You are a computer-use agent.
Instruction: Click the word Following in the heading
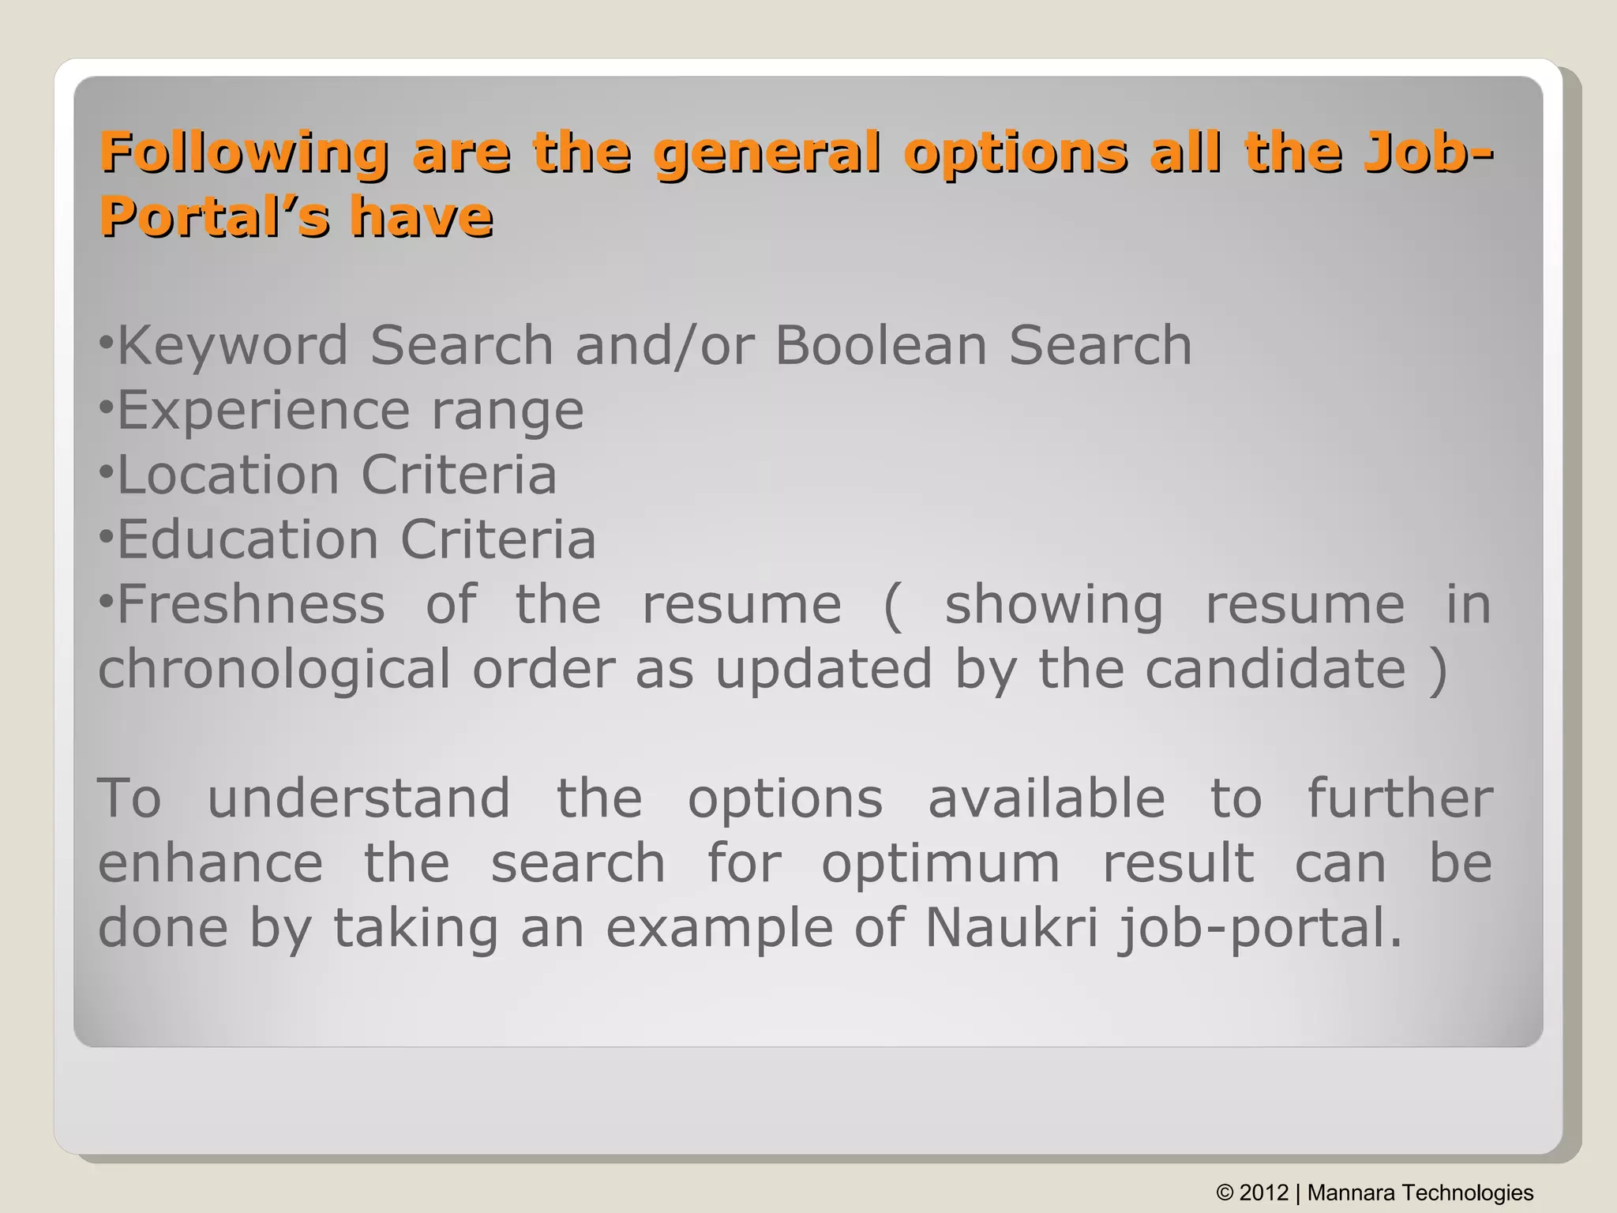(x=244, y=152)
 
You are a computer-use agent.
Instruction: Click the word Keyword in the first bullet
(x=233, y=346)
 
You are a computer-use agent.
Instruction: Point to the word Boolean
(x=880, y=346)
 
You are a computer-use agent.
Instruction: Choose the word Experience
(x=264, y=411)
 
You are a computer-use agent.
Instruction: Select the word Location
(x=228, y=475)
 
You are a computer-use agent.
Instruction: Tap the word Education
(x=248, y=540)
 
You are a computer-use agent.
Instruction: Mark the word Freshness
(x=251, y=605)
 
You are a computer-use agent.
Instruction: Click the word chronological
(x=274, y=670)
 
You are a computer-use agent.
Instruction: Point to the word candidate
(x=1276, y=670)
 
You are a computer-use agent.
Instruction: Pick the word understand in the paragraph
(x=358, y=798)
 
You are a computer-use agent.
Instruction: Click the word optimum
(x=940, y=863)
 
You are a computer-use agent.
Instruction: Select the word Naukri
(x=1011, y=928)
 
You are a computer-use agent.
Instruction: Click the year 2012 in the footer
(x=1263, y=1192)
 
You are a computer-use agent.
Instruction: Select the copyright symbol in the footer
(x=1225, y=1192)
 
